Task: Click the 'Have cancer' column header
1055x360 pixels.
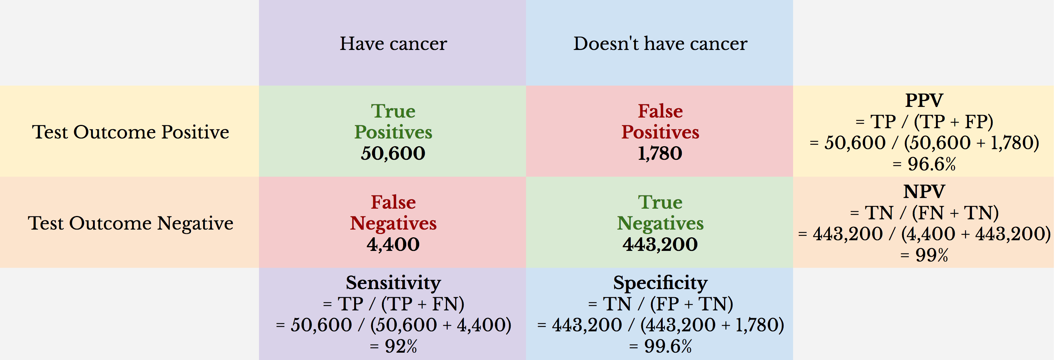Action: coord(393,43)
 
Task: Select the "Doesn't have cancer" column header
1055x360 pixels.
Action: coord(660,43)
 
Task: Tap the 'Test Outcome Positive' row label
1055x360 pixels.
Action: coord(131,132)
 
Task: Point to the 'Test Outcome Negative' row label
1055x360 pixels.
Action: coord(131,223)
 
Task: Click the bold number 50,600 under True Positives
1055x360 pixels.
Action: coord(393,154)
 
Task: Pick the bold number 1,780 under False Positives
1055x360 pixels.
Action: coord(660,154)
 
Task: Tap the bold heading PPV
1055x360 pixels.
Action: coord(924,100)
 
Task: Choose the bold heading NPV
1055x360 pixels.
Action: coord(924,192)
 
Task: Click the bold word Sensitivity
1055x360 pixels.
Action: coord(393,282)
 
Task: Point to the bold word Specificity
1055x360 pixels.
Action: coord(660,282)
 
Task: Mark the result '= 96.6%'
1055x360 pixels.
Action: coord(924,164)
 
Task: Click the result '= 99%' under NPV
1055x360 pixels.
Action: coord(924,256)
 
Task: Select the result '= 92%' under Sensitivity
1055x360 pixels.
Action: coord(393,346)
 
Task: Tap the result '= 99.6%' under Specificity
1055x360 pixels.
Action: coord(660,346)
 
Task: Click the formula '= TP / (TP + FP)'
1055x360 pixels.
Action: coord(924,122)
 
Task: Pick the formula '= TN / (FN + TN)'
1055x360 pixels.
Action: coord(924,213)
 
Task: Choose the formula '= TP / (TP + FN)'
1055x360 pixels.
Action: coord(393,304)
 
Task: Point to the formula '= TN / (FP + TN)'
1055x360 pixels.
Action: coord(660,304)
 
